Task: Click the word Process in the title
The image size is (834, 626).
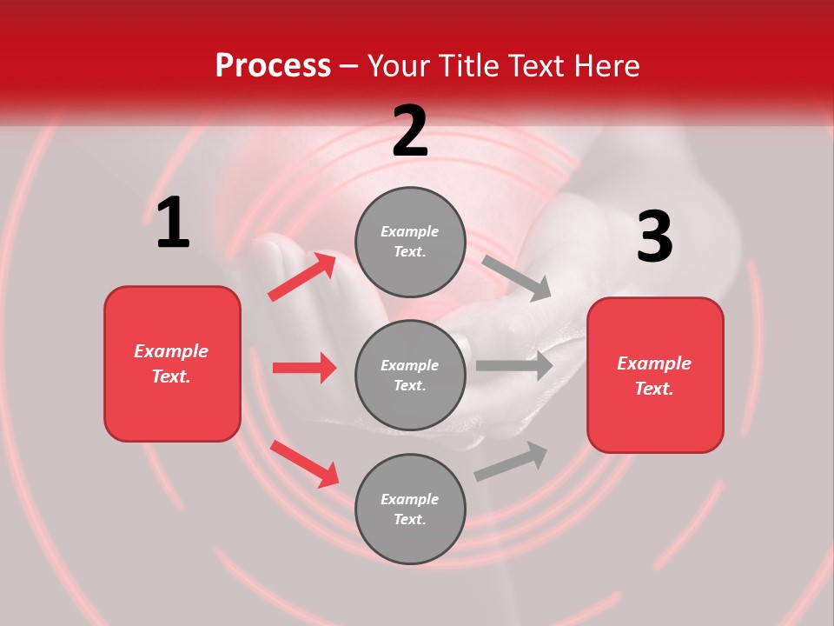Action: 273,66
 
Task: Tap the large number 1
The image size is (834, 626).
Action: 173,223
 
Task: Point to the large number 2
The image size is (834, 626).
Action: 410,131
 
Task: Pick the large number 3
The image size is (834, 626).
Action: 654,237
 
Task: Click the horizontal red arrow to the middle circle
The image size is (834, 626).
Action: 304,368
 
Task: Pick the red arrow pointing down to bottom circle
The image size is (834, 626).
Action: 304,463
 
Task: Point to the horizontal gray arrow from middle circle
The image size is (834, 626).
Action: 513,366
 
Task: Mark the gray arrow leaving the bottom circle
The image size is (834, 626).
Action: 511,462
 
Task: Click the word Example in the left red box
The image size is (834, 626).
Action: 171,351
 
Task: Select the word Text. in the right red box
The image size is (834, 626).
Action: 654,389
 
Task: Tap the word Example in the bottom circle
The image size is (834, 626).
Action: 410,499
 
